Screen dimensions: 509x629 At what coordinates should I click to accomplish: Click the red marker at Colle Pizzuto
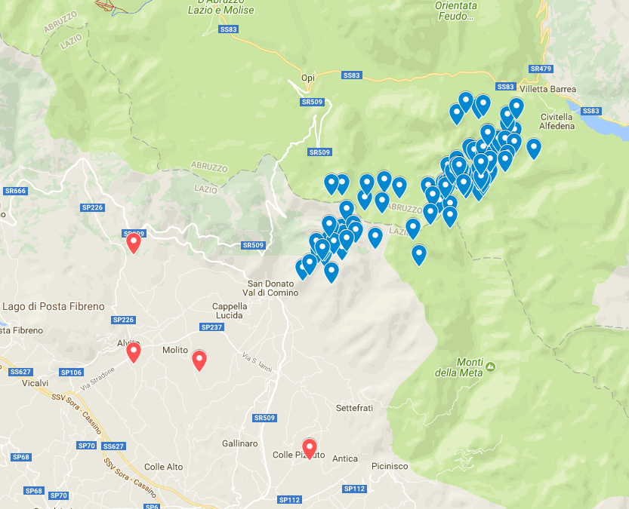(309, 447)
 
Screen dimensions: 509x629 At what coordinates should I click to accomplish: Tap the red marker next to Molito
(199, 360)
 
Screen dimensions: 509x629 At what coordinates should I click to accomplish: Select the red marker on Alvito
(134, 351)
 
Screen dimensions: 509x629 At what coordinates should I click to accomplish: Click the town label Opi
(307, 78)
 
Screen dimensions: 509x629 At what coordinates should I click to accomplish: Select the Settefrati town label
(354, 408)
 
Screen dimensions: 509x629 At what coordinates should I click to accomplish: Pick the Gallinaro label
(240, 443)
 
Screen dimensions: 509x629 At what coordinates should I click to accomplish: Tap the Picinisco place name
(390, 467)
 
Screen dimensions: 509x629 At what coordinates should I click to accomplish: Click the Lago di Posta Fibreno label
(53, 306)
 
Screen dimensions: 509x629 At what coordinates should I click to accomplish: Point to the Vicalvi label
(35, 383)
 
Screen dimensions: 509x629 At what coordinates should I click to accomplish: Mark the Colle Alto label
(163, 467)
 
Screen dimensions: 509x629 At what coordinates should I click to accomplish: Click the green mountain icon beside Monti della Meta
(491, 367)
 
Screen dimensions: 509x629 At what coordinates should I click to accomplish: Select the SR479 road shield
(541, 69)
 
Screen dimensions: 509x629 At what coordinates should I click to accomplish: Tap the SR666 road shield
(15, 191)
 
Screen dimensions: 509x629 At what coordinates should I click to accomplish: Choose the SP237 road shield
(211, 327)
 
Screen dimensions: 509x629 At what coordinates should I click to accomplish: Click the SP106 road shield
(71, 373)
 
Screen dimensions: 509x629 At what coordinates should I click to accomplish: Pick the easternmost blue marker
(534, 147)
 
